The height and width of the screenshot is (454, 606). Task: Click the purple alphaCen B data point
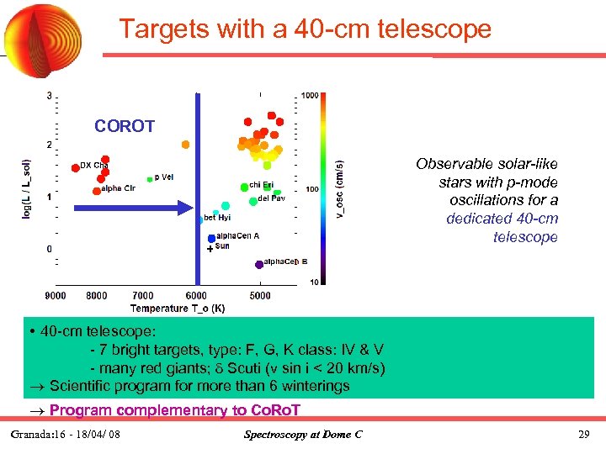(x=259, y=264)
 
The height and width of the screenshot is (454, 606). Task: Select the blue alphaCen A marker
(x=211, y=239)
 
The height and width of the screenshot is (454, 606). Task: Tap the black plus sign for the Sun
(x=210, y=250)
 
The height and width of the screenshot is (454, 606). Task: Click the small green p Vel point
(x=150, y=179)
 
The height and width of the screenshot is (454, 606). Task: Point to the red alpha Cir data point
(x=96, y=191)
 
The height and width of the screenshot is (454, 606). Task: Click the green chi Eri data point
(x=243, y=186)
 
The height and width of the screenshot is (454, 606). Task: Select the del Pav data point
(x=252, y=200)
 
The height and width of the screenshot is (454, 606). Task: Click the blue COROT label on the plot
(x=125, y=127)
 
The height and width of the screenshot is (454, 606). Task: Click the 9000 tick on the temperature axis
(x=56, y=296)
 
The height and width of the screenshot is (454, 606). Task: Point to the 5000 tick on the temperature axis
(x=260, y=296)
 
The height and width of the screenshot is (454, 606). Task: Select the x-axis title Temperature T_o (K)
(x=177, y=309)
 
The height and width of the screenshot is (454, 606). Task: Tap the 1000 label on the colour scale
(x=310, y=96)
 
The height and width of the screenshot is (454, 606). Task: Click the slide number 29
(x=584, y=435)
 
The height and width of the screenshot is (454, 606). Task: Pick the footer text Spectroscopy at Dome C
(x=302, y=435)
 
